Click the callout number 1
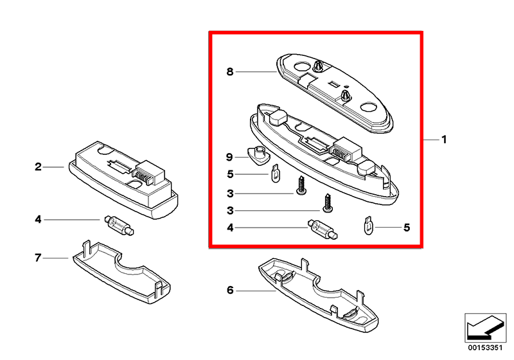[x=444, y=139]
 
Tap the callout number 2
[x=39, y=167]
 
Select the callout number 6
[x=230, y=290]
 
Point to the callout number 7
[x=38, y=258]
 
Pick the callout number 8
[x=230, y=71]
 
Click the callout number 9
[x=230, y=157]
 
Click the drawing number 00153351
[x=485, y=348]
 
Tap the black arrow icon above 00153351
[x=485, y=328]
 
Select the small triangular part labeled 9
[x=258, y=156]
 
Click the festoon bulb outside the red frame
[x=119, y=225]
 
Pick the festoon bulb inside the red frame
[x=323, y=230]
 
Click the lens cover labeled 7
[x=121, y=272]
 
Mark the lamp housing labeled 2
[x=123, y=179]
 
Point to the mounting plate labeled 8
[x=334, y=93]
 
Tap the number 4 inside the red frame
[x=231, y=228]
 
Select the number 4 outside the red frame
[x=39, y=219]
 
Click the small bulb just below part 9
[x=276, y=173]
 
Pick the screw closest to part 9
[x=301, y=186]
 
